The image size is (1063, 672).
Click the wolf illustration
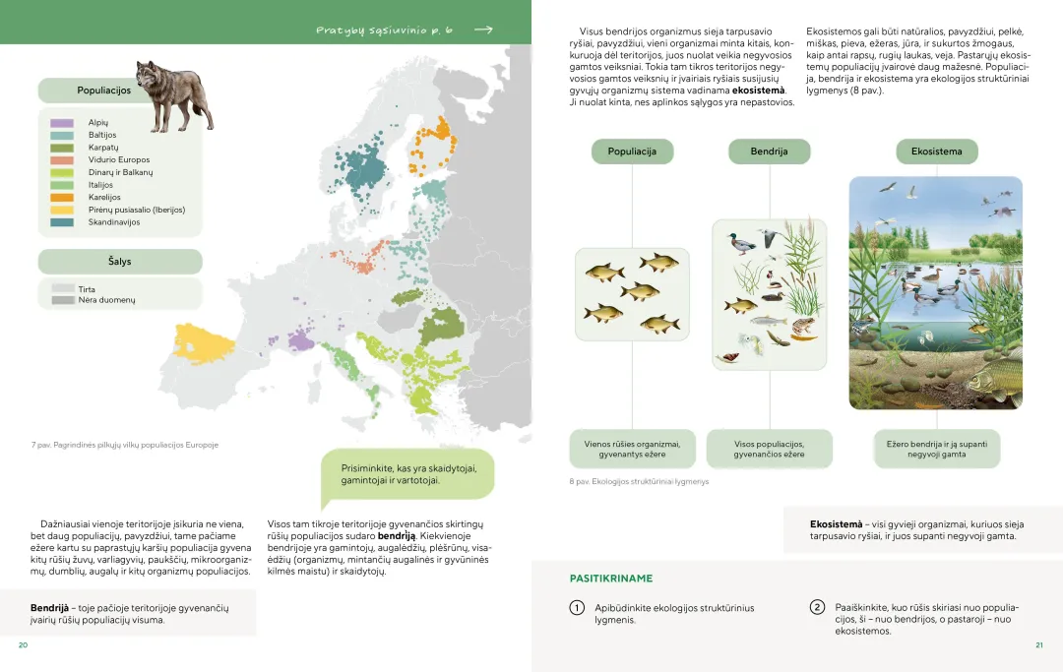click(x=175, y=95)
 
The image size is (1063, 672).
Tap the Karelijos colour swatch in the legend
click(x=62, y=198)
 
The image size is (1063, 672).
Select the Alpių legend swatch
click(x=62, y=122)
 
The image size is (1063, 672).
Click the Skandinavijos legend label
click(x=114, y=222)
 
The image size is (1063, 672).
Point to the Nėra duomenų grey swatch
click(x=64, y=300)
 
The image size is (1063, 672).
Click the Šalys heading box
click(x=120, y=262)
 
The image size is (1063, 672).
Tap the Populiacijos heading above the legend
click(x=103, y=91)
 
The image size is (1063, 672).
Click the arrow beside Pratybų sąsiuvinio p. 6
click(x=482, y=31)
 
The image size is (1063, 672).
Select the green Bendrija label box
click(x=769, y=152)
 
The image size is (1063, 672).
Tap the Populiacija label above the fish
click(x=632, y=152)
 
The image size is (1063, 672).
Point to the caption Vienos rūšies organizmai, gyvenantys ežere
click(x=632, y=449)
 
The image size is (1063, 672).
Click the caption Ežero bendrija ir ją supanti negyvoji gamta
click(x=936, y=449)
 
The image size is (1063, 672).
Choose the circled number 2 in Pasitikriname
click(x=817, y=607)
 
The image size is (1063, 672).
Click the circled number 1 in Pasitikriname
click(x=578, y=608)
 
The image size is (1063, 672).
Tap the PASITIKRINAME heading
click(x=610, y=579)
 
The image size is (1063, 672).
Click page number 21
click(x=1038, y=645)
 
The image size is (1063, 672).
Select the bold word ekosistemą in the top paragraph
click(x=758, y=91)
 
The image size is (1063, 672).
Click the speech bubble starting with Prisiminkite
click(x=407, y=473)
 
